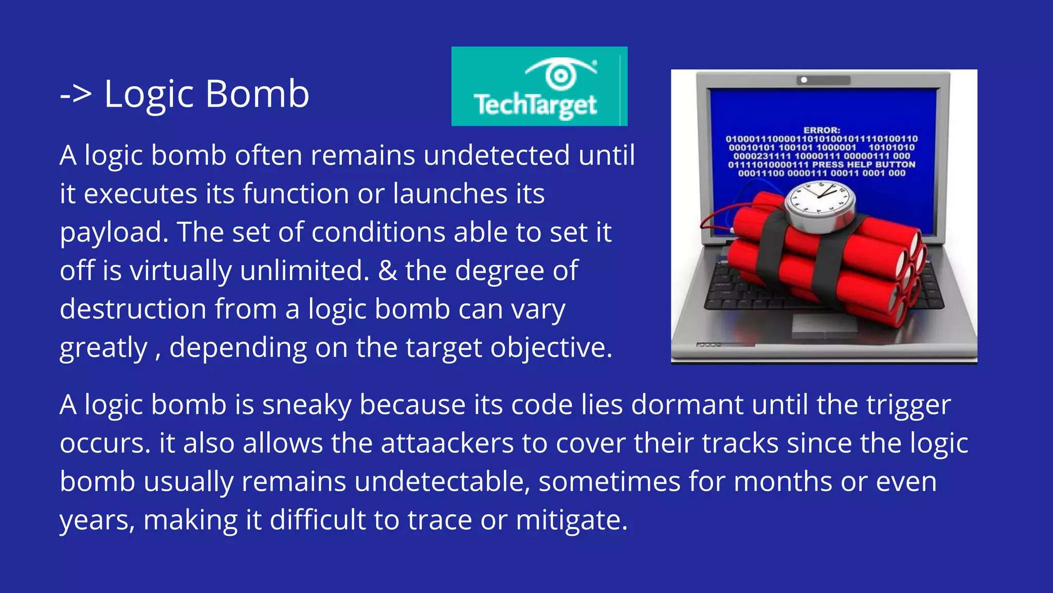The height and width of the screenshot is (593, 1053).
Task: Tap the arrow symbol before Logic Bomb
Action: tap(76, 95)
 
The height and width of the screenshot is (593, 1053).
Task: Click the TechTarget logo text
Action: tap(535, 105)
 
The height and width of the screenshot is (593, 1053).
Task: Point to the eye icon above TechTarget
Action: tap(560, 75)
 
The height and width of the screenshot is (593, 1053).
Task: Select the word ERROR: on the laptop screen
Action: tap(821, 130)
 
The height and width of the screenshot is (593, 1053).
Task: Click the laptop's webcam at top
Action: tap(804, 80)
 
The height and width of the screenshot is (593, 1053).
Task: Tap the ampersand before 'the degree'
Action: tap(388, 271)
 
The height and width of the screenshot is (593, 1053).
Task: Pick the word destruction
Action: tap(133, 309)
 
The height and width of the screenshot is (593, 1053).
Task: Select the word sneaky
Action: tap(306, 405)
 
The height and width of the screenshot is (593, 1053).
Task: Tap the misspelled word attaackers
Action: tap(447, 443)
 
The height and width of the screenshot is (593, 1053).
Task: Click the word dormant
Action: tap(687, 405)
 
